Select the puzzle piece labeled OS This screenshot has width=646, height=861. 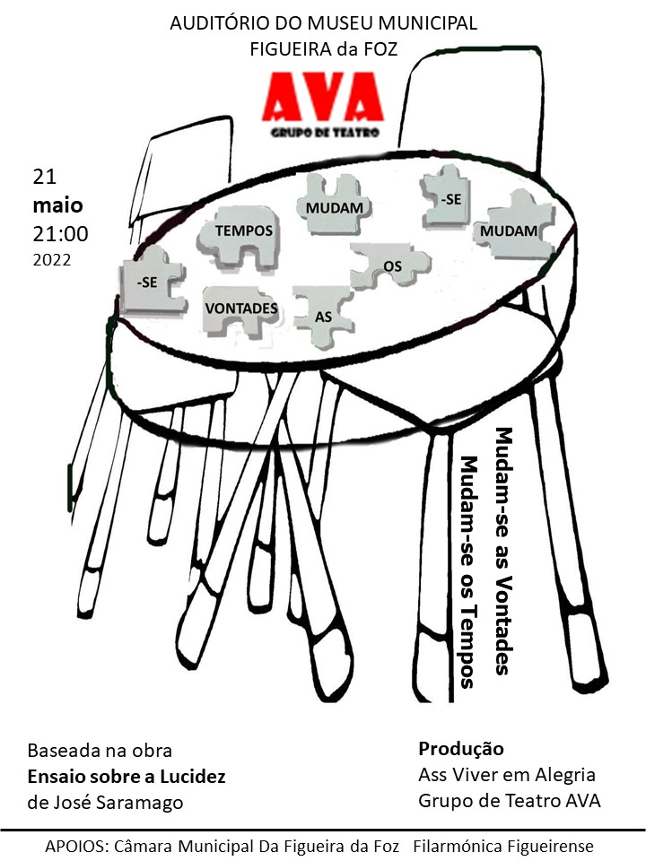390,265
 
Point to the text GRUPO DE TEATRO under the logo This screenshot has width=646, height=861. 325,133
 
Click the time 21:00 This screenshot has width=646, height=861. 60,234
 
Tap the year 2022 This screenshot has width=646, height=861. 52,260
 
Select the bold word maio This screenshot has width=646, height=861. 57,205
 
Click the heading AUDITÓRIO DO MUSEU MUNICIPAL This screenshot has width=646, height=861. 324,23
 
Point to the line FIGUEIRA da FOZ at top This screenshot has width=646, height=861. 324,49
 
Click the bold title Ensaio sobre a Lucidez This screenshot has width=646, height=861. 127,777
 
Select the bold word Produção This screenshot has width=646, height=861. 461,749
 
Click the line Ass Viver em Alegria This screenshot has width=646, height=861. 507,775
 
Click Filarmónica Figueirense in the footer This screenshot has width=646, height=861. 503,846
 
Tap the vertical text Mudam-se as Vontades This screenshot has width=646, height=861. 503,551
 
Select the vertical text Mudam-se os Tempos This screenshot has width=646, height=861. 468,571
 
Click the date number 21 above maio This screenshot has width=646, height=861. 45,177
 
